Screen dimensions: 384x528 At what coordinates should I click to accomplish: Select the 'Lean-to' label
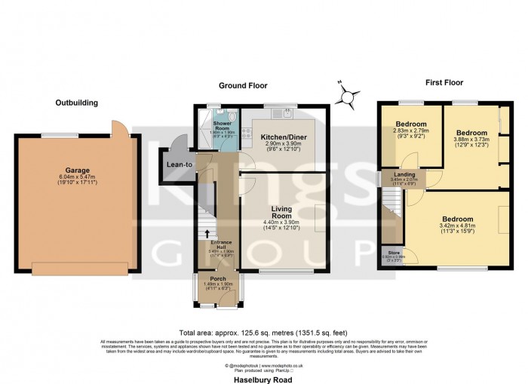pos(180,164)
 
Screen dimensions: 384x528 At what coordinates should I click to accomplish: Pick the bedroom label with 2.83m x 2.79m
pos(410,124)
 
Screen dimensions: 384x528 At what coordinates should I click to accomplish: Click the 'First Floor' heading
pos(444,83)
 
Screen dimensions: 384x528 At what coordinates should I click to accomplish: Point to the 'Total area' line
pos(263,332)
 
